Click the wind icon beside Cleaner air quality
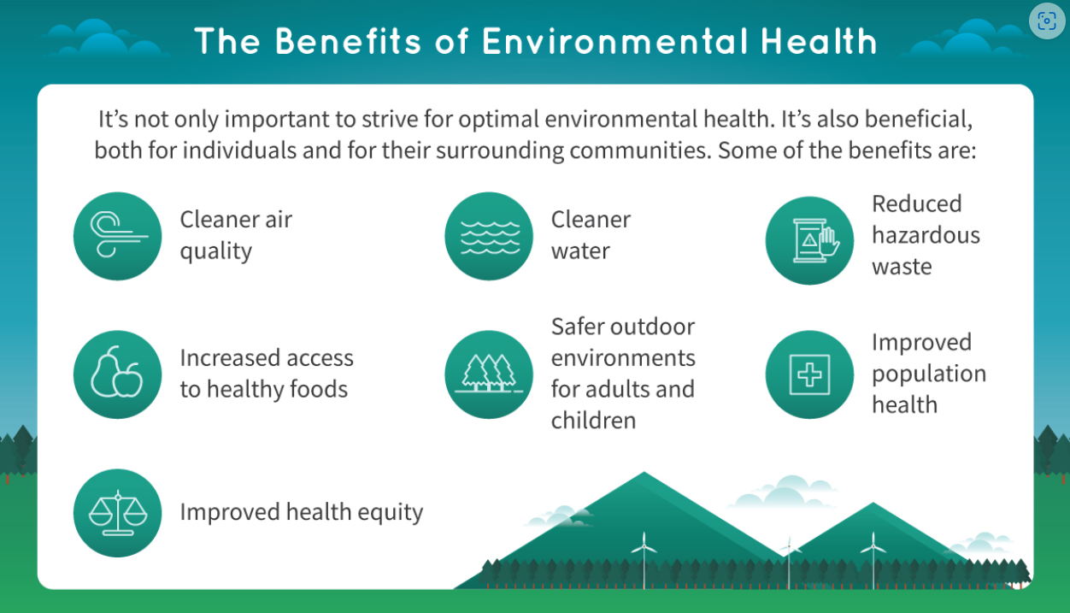pos(117,236)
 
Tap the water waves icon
pos(489,236)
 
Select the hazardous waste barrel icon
pos(809,240)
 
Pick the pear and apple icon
pos(117,374)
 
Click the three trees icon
pos(489,374)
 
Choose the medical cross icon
pos(809,374)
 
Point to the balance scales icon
pos(117,513)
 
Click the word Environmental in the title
pos(615,41)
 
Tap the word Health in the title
pos(820,41)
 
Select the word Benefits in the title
pos(349,41)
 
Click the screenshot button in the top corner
pos(1047,21)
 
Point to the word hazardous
pos(926,235)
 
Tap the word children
pos(593,421)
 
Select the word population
pos(929,374)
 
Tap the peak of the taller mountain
pos(644,473)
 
